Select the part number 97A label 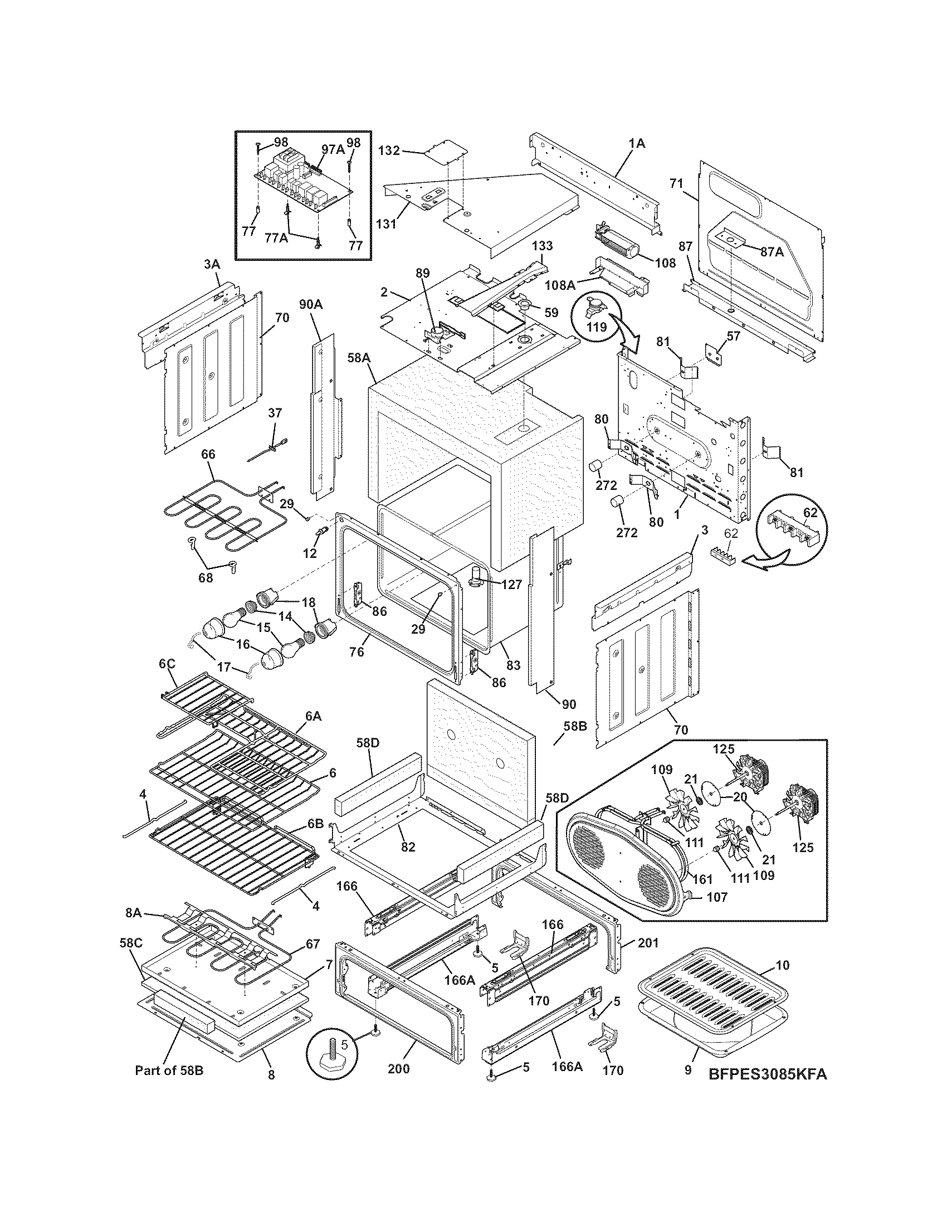pos(333,149)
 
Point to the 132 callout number pos(388,150)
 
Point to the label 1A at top pos(637,143)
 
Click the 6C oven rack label pos(167,664)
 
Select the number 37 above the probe pos(274,412)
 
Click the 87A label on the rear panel pos(772,252)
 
